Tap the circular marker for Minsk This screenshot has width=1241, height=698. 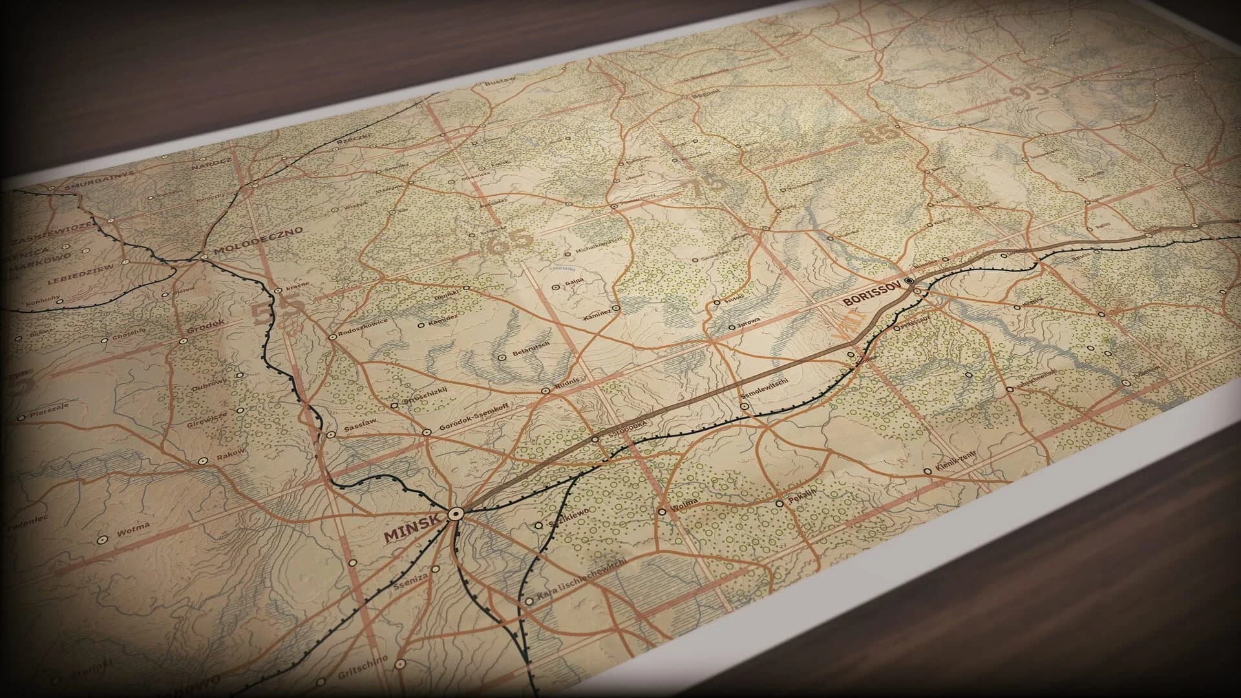click(456, 513)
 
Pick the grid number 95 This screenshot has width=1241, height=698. click(1031, 90)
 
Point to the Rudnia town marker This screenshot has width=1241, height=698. click(546, 390)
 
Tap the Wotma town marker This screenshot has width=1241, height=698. click(101, 539)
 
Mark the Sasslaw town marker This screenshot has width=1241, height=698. click(331, 434)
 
